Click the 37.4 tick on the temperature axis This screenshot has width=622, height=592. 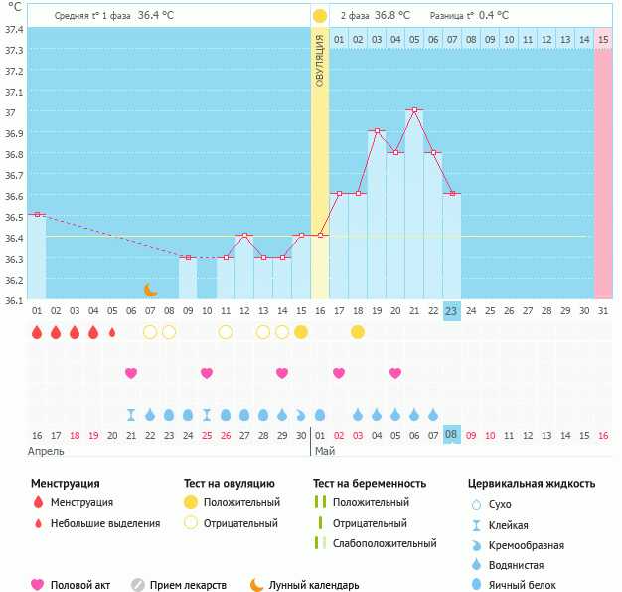pyautogui.click(x=13, y=29)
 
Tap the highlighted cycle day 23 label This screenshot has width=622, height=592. pyautogui.click(x=451, y=311)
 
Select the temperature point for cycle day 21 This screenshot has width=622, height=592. pyautogui.click(x=414, y=110)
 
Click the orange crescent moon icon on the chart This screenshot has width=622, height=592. pyautogui.click(x=150, y=290)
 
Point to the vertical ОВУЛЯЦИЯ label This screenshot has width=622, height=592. pyautogui.click(x=320, y=60)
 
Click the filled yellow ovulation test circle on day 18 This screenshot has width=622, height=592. pyautogui.click(x=358, y=332)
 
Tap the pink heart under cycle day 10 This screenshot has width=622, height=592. pyautogui.click(x=207, y=373)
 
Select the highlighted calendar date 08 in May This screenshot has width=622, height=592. pyautogui.click(x=451, y=435)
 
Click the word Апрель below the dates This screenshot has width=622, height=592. pyautogui.click(x=46, y=451)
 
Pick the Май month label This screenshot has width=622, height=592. pyautogui.click(x=325, y=451)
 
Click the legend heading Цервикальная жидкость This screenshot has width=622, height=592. pyautogui.click(x=532, y=484)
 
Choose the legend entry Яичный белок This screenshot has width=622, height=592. pyautogui.click(x=523, y=586)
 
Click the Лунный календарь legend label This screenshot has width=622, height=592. pyautogui.click(x=314, y=586)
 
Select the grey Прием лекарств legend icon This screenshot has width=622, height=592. pyautogui.click(x=138, y=585)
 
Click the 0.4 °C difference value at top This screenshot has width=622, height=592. pyautogui.click(x=494, y=16)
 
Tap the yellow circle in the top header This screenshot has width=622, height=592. pyautogui.click(x=320, y=16)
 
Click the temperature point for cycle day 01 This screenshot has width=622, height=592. pyautogui.click(x=37, y=214)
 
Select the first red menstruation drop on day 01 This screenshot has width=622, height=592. pyautogui.click(x=37, y=332)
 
